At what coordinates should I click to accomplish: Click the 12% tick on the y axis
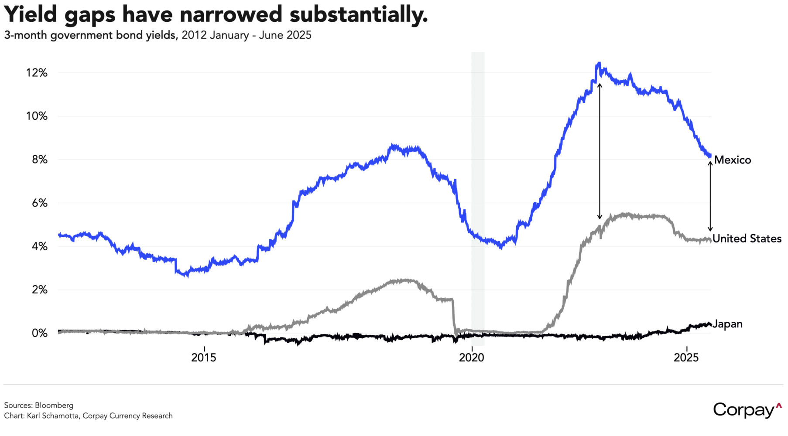click(x=37, y=73)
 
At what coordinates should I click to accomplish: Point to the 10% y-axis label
click(x=37, y=116)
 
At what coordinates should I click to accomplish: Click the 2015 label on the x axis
click(x=204, y=358)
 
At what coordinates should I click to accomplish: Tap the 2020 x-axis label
click(x=472, y=358)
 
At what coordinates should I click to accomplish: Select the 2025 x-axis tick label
click(x=686, y=358)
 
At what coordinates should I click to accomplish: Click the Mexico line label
click(x=733, y=160)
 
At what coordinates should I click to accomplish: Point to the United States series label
click(x=747, y=238)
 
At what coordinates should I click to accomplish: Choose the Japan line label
click(x=727, y=324)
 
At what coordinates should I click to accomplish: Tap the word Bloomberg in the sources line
click(x=54, y=405)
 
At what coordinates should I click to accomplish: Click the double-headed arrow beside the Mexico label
click(x=710, y=196)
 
